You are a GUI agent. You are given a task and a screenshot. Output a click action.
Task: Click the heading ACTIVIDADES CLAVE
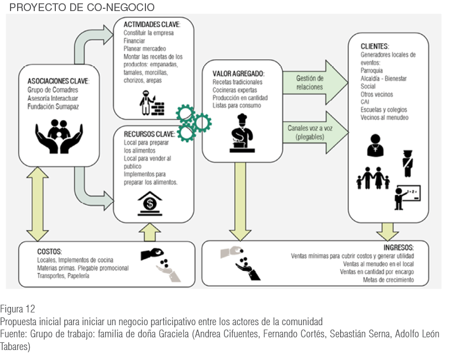click(x=151, y=25)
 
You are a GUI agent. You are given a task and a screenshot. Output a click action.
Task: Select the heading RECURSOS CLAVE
click(x=148, y=134)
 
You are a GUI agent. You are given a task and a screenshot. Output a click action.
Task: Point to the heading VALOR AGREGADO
click(x=238, y=74)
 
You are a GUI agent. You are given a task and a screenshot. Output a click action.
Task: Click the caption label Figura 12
click(x=18, y=309)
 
